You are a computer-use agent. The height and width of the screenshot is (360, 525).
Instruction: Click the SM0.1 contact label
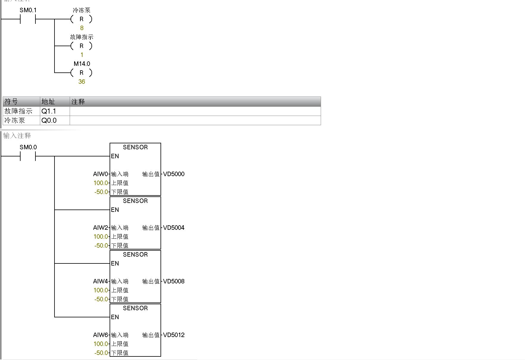(x=28, y=10)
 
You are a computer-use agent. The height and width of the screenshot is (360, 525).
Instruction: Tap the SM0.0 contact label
(x=28, y=147)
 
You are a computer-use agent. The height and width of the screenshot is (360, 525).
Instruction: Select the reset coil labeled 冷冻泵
(x=81, y=19)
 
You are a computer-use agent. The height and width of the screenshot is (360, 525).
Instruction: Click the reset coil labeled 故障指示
(x=81, y=46)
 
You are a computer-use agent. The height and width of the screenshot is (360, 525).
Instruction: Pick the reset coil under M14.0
(x=81, y=73)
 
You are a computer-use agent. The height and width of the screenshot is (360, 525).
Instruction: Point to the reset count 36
(x=82, y=82)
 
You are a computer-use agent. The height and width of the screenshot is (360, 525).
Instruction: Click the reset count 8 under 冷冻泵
(x=82, y=28)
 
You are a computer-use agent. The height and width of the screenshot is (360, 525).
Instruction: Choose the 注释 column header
(x=78, y=102)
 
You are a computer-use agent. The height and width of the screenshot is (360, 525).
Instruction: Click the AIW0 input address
(x=100, y=174)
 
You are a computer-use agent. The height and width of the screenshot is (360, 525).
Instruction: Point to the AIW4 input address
(x=100, y=281)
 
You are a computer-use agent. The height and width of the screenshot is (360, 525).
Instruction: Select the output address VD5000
(x=174, y=174)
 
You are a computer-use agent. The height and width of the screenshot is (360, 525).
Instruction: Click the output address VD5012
(x=174, y=335)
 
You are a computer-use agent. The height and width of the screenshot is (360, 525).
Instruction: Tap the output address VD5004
(x=174, y=228)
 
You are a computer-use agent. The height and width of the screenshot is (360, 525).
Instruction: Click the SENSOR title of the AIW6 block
(x=135, y=308)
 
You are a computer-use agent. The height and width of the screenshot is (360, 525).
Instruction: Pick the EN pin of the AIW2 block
(x=115, y=210)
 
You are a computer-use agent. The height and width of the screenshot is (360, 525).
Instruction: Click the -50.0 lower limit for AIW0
(x=101, y=192)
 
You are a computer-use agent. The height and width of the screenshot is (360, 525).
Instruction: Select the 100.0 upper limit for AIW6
(x=101, y=344)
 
